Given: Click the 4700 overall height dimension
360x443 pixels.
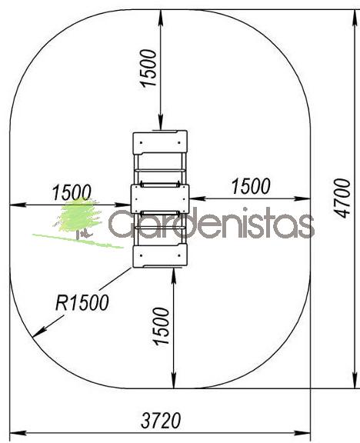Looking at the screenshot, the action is pyautogui.click(x=342, y=198).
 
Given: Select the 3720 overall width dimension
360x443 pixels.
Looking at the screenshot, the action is pyautogui.click(x=161, y=421).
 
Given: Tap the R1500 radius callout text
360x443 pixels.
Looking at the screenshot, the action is pyautogui.click(x=82, y=302).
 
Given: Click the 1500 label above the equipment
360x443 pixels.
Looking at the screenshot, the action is pyautogui.click(x=148, y=68).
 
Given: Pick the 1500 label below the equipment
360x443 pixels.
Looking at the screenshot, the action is pyautogui.click(x=161, y=326).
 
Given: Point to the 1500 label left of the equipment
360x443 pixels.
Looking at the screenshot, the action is pyautogui.click(x=72, y=192).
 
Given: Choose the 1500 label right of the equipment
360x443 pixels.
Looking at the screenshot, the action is pyautogui.click(x=251, y=186).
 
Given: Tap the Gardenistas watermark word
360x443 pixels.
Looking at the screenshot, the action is pyautogui.click(x=212, y=223).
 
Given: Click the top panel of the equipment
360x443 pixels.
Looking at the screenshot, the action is pyautogui.click(x=160, y=142).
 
